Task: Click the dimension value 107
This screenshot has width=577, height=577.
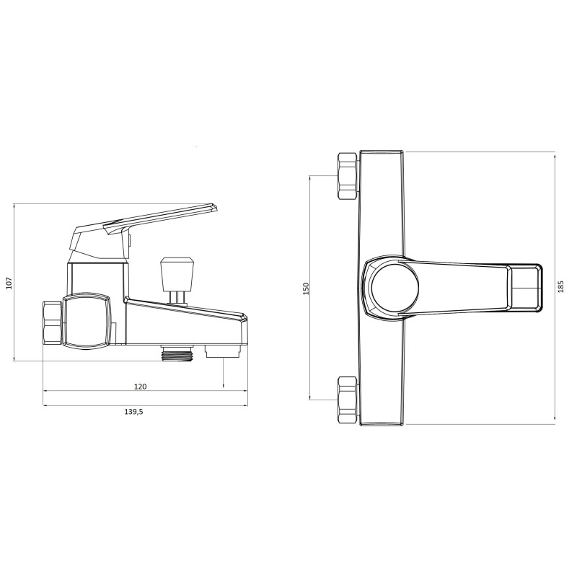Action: tap(9, 283)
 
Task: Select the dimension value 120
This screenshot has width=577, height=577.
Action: tap(140, 387)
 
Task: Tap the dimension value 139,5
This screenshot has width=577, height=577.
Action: tap(133, 412)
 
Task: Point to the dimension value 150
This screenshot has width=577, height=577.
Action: tap(306, 288)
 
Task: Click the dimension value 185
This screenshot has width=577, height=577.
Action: tap(560, 286)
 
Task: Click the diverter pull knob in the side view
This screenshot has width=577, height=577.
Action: tap(177, 268)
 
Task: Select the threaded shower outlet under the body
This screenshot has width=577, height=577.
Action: tap(177, 353)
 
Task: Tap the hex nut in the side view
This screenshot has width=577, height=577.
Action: tap(53, 323)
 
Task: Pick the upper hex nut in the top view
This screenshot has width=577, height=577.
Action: tap(348, 176)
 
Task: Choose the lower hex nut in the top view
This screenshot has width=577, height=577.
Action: tap(348, 400)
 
